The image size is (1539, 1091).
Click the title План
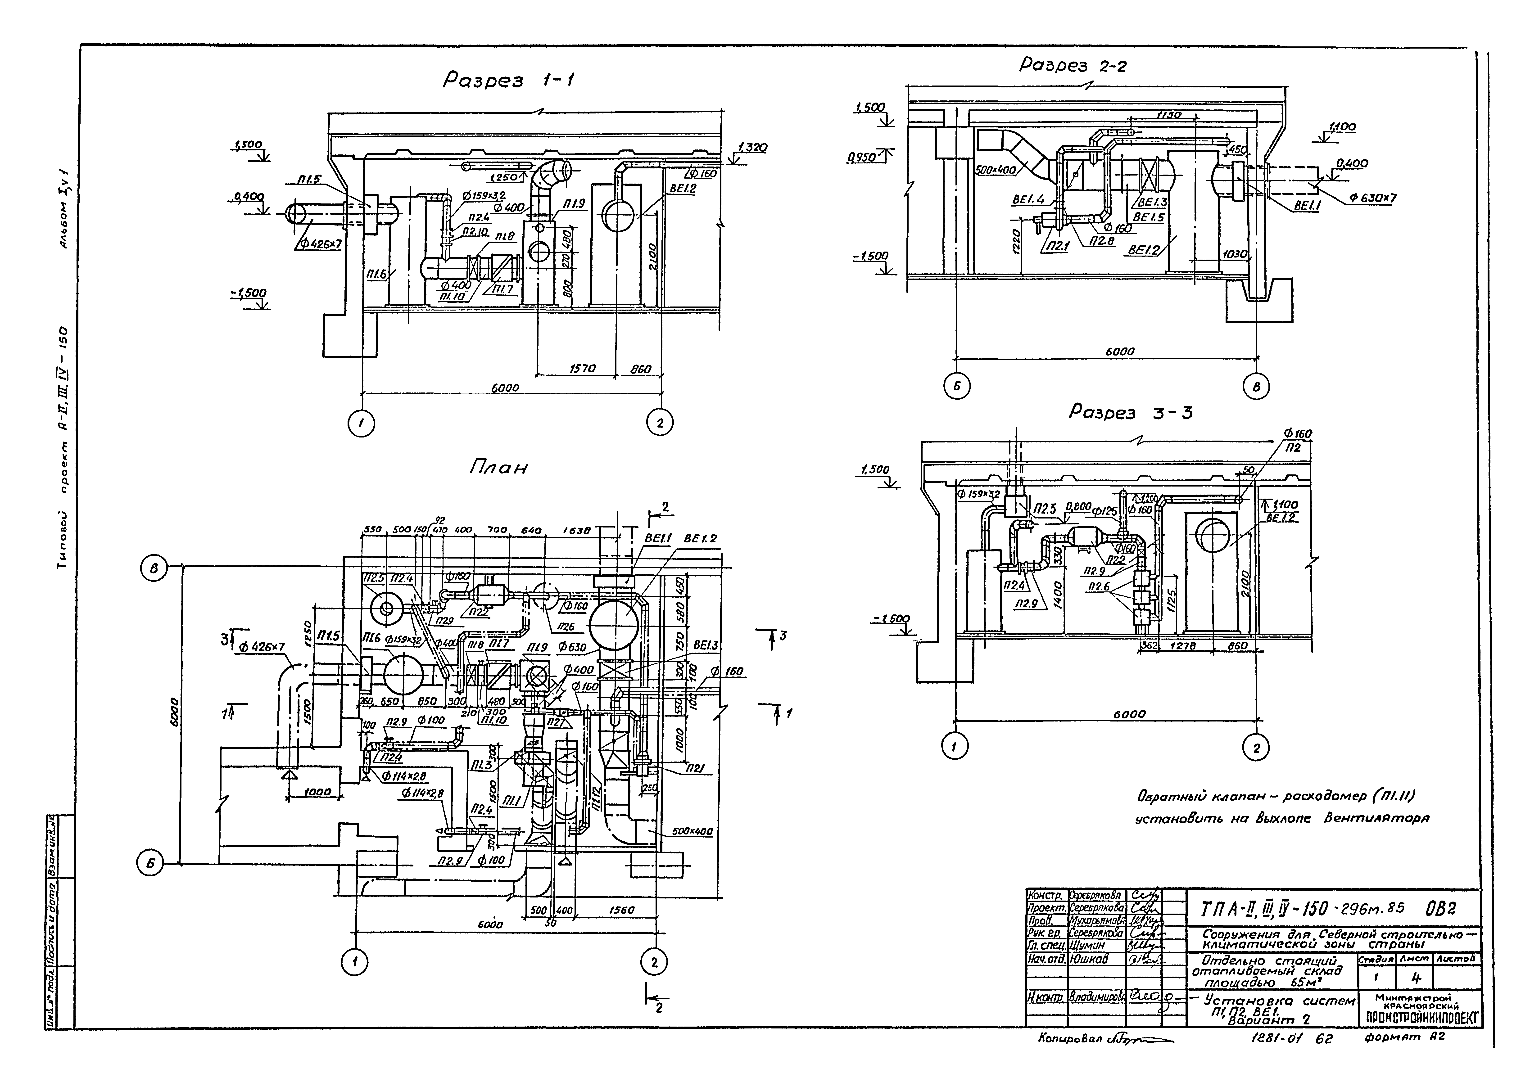tap(498, 468)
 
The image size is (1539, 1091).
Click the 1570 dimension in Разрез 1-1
tap(582, 369)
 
